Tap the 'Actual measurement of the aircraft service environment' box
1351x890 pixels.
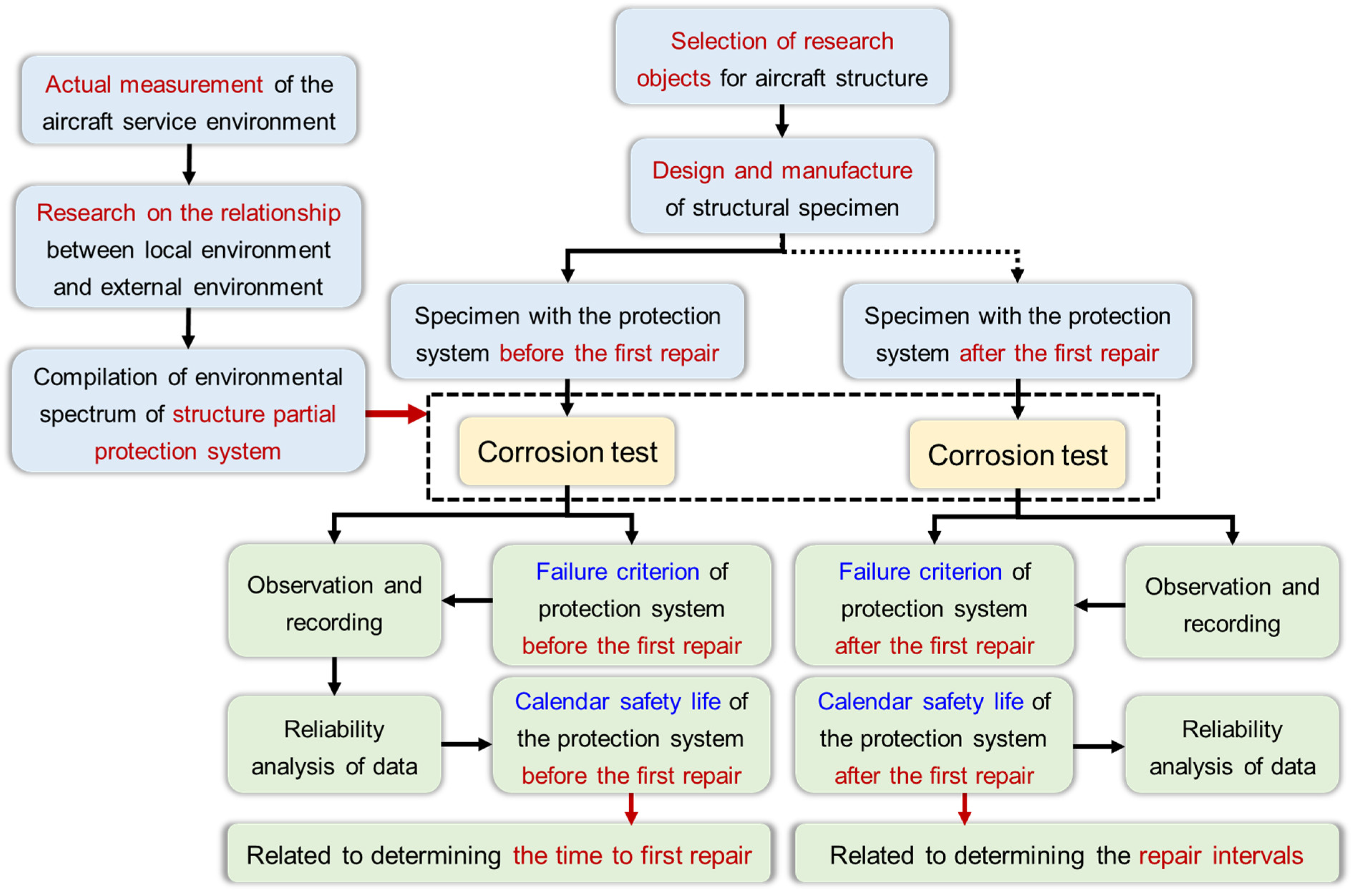[x=189, y=101]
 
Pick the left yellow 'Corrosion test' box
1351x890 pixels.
[x=567, y=452]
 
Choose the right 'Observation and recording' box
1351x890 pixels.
[x=1231, y=604]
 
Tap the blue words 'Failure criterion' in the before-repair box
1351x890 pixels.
[x=617, y=572]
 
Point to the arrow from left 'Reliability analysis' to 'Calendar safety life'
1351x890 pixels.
[x=466, y=744]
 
